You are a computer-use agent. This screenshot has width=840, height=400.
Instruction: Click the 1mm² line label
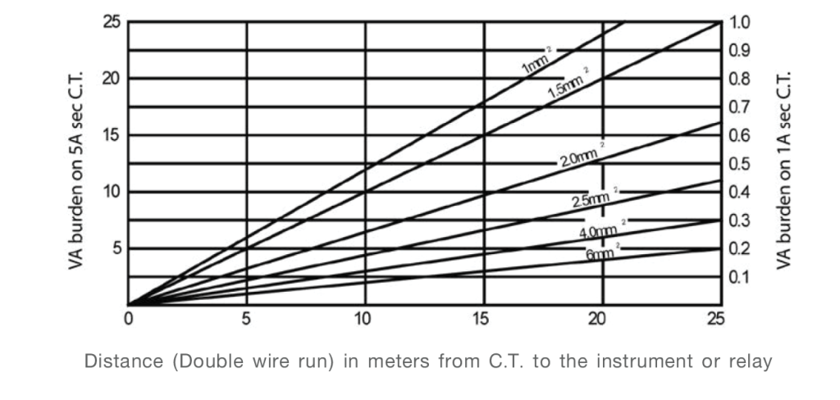536,64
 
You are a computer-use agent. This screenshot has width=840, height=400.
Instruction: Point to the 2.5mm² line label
592,198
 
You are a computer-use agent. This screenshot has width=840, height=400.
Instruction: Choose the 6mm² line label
602,254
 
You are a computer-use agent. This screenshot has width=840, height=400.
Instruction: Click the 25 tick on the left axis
111,22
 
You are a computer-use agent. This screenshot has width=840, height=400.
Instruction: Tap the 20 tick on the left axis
111,79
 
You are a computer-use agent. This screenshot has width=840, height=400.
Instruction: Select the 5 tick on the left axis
116,248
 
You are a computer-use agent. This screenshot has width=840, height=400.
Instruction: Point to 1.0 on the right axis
739,22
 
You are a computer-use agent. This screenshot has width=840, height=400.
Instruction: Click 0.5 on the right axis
739,164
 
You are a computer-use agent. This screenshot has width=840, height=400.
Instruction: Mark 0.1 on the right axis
739,277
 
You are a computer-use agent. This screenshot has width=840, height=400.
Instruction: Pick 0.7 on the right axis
739,107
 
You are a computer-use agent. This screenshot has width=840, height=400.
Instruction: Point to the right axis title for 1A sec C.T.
784,164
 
